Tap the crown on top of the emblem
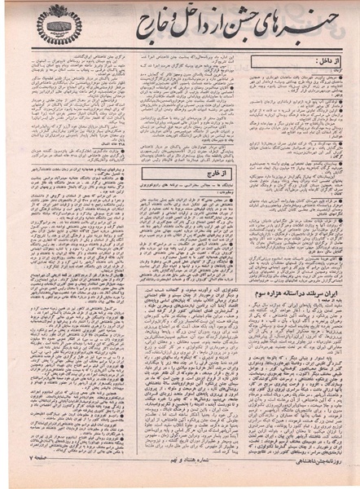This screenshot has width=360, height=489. [x=59, y=13]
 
